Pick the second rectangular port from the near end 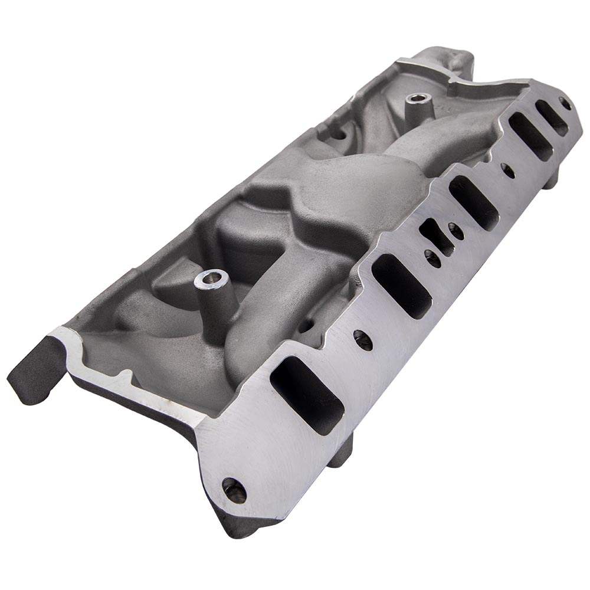click(405, 286)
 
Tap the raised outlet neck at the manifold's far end click(451, 59)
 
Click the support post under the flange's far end click(549, 180)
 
